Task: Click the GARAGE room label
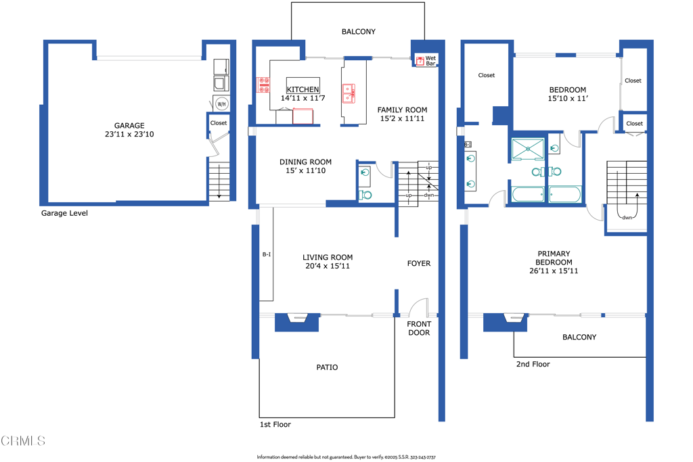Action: pyautogui.click(x=129, y=126)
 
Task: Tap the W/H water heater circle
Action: pyautogui.click(x=221, y=104)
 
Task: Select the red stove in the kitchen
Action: pyautogui.click(x=263, y=85)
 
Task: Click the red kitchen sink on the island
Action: pyautogui.click(x=349, y=93)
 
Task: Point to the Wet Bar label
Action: pyautogui.click(x=430, y=61)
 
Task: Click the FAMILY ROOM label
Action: pyautogui.click(x=402, y=110)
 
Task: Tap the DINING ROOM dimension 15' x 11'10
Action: pyautogui.click(x=305, y=170)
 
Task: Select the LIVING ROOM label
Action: pyautogui.click(x=328, y=257)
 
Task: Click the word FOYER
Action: pyautogui.click(x=418, y=264)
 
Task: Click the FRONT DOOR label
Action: pyautogui.click(x=419, y=328)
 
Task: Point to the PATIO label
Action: pyautogui.click(x=327, y=367)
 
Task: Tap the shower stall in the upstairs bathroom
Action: pyautogui.click(x=528, y=149)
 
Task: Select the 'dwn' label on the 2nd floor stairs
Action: pyautogui.click(x=627, y=217)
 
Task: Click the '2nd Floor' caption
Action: pyautogui.click(x=533, y=364)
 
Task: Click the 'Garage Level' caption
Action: pyautogui.click(x=64, y=213)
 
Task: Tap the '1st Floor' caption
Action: pyautogui.click(x=275, y=425)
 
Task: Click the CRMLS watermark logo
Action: pyautogui.click(x=23, y=441)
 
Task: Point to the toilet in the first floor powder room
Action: pyautogui.click(x=365, y=195)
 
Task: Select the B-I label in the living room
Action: pyautogui.click(x=267, y=254)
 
